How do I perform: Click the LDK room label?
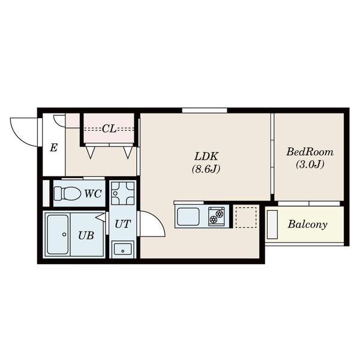(206, 157)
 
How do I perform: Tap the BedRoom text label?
(310, 152)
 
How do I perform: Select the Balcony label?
(308, 224)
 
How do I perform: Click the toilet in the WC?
(67, 193)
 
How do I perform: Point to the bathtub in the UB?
(58, 235)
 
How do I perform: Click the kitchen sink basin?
(188, 217)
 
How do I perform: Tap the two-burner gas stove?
(217, 217)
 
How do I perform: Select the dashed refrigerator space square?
(246, 217)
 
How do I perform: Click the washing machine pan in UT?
(122, 193)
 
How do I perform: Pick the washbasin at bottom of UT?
(122, 250)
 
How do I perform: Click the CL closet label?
(109, 129)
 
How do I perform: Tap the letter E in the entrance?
(53, 148)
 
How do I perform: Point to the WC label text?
(93, 194)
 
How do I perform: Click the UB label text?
(86, 235)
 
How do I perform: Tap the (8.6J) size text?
(206, 169)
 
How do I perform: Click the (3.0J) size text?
(310, 164)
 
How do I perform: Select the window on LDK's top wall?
(205, 110)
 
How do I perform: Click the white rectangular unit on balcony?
(272, 224)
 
